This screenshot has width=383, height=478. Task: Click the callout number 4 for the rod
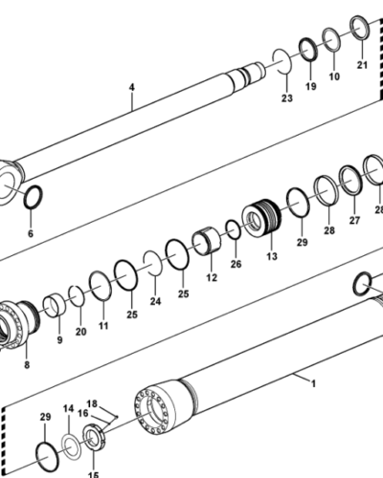point(132,87)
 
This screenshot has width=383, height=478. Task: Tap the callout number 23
point(286,98)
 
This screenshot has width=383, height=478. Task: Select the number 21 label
point(362,65)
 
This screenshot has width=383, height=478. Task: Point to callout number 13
point(272,256)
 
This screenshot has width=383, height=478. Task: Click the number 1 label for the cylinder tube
point(313,383)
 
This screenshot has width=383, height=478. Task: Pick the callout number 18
point(92,403)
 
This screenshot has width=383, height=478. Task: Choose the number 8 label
point(27,365)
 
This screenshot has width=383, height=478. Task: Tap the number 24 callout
point(155,301)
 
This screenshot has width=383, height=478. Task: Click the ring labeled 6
point(33,197)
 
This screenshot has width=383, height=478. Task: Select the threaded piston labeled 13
point(261,217)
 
